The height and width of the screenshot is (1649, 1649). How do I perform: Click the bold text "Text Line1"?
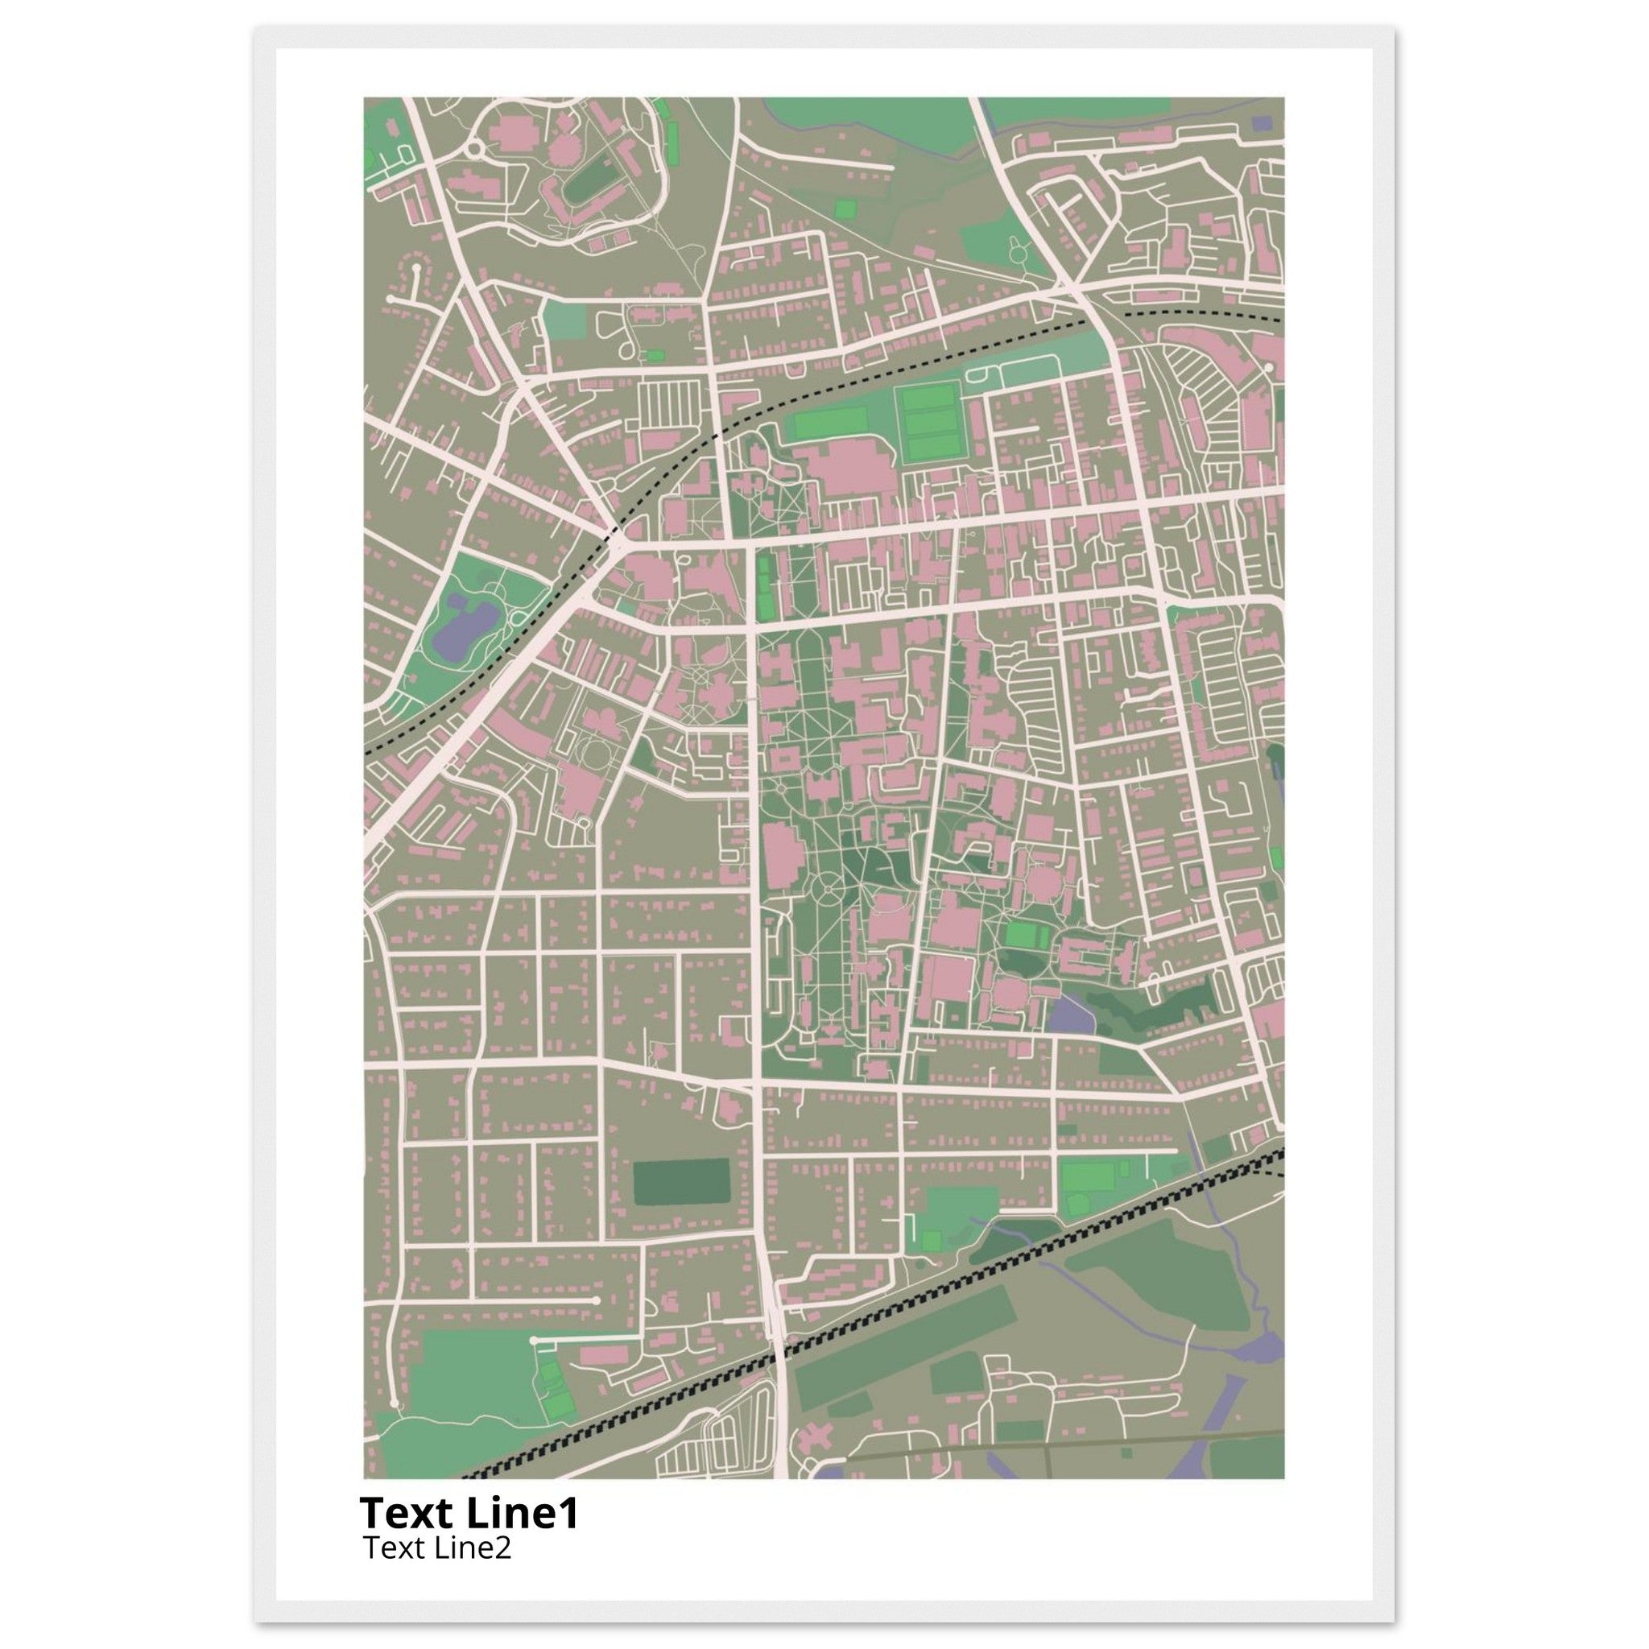pyautogui.click(x=469, y=1513)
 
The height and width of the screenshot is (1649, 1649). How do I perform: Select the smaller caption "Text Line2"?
pyautogui.click(x=437, y=1547)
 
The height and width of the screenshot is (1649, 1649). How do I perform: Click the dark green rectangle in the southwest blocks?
pyautogui.click(x=681, y=1182)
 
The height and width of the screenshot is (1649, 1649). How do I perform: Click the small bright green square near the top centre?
pyautogui.click(x=845, y=209)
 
